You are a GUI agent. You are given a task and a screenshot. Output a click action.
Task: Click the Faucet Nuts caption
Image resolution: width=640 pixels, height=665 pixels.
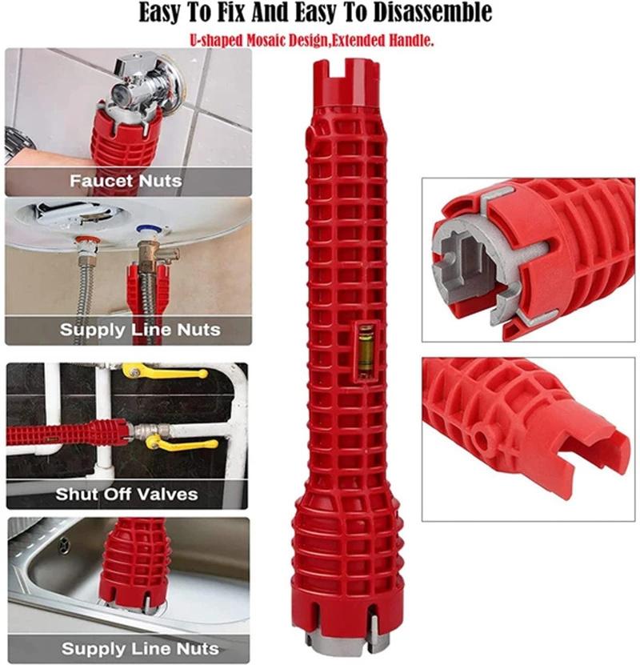tap(126, 181)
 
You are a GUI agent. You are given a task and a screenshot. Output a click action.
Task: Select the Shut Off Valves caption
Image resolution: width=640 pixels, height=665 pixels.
tap(126, 494)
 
